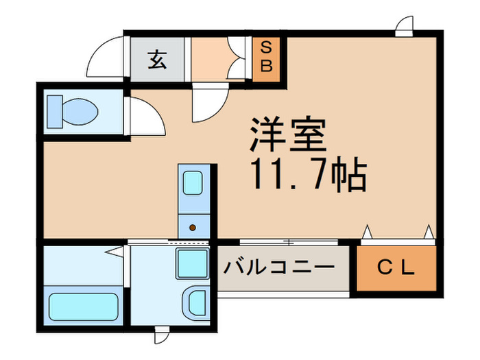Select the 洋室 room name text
[x=287, y=136]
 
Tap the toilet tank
[x=55, y=111]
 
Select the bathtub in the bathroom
[x=84, y=306]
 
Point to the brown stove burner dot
[x=192, y=228]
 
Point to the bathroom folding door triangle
[x=114, y=251]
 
